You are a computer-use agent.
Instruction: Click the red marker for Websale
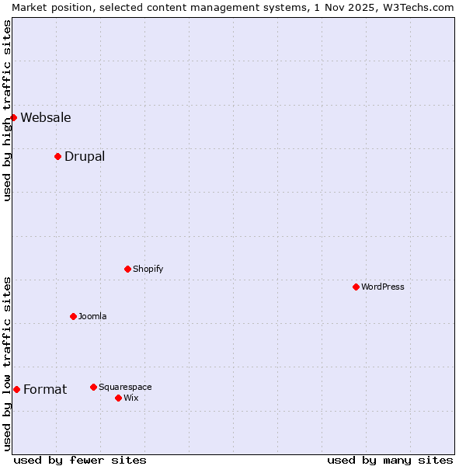click(13, 117)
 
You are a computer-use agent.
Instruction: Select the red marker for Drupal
click(57, 156)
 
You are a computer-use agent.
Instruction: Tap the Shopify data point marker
click(127, 269)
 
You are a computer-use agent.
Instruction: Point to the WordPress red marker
click(356, 287)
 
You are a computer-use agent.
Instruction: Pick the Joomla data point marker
click(73, 316)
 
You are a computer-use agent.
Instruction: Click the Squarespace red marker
click(93, 387)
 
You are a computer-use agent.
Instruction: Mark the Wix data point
click(118, 398)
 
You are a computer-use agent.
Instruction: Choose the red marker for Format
click(16, 389)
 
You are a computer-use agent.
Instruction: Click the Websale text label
click(46, 118)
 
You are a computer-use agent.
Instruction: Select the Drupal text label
click(85, 157)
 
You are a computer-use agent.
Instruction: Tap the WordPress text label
click(383, 287)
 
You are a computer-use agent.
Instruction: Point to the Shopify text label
click(148, 269)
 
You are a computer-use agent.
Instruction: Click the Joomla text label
click(92, 316)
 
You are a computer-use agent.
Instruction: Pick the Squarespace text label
click(125, 387)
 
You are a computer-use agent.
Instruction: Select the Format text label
click(45, 390)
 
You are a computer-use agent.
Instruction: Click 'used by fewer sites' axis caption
click(80, 460)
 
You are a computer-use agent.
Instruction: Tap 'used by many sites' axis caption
click(390, 460)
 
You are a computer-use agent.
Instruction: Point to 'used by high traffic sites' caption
click(7, 110)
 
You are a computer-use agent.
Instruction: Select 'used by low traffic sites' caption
click(7, 363)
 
